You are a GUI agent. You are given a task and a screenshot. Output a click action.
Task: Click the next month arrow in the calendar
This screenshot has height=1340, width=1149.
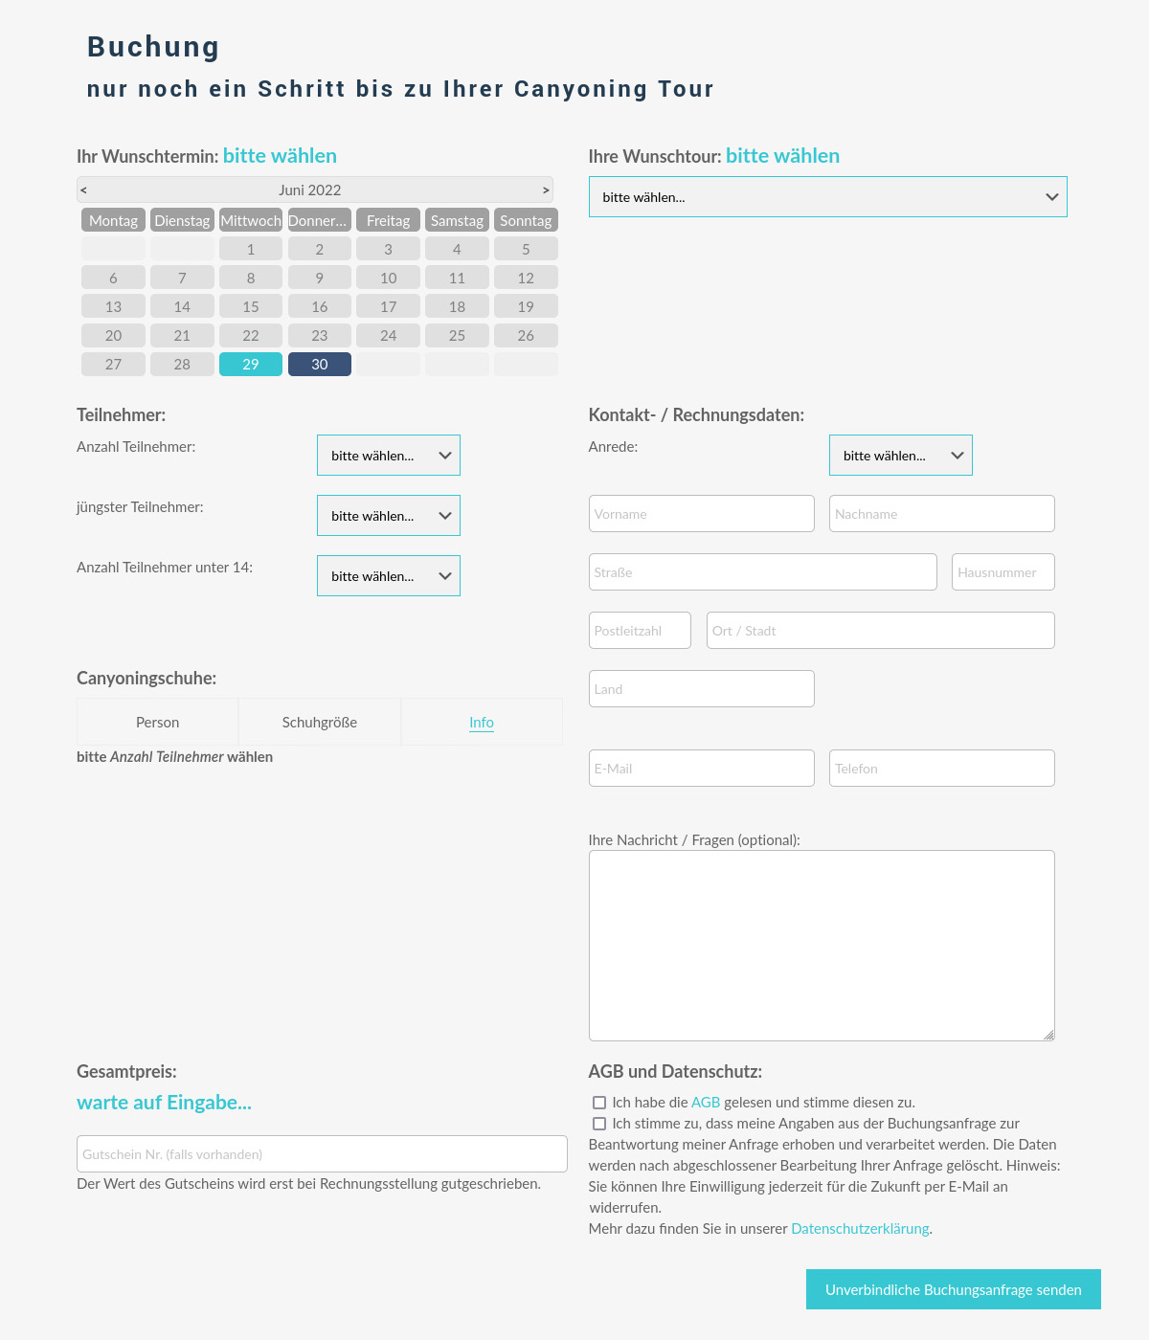pos(546,190)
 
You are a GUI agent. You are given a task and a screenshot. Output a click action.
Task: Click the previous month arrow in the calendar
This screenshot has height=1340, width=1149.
pos(83,190)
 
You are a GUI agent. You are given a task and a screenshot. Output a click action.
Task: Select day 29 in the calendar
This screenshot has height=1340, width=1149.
pos(251,365)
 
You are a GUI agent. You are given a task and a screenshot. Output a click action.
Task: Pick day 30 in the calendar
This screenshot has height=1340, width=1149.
pos(320,365)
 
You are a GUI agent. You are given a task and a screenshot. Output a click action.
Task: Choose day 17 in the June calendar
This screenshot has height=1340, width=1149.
pos(388,307)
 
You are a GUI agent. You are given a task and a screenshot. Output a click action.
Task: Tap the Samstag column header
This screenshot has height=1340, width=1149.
pos(457,220)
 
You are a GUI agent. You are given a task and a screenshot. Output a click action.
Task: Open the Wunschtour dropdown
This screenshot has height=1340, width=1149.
pos(827,197)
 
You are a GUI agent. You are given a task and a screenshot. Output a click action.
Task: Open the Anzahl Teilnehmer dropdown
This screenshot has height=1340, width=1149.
pos(389,456)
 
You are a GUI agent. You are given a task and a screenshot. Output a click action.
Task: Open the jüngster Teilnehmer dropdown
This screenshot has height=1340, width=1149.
pos(389,516)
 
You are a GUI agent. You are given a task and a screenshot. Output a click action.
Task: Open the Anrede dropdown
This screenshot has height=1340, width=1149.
pos(900,456)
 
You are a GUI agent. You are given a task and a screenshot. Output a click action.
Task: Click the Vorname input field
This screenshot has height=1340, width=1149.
pos(701,514)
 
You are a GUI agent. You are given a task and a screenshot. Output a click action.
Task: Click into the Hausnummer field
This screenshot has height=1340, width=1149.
pos(1003,572)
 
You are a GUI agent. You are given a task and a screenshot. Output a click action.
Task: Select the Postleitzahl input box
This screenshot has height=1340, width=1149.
pos(640,631)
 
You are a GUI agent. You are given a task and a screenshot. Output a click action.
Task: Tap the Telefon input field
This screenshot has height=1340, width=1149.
pos(941,769)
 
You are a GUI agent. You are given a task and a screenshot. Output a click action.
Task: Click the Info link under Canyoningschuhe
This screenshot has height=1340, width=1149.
pos(482,723)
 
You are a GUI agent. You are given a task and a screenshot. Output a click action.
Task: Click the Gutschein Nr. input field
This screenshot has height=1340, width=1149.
pos(322,1154)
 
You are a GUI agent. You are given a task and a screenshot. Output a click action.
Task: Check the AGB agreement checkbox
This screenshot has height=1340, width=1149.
pos(599,1103)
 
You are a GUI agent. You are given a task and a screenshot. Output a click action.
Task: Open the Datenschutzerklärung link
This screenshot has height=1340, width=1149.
pos(860,1229)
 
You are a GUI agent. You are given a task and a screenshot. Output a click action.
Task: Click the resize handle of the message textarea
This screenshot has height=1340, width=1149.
pos(1049,1035)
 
